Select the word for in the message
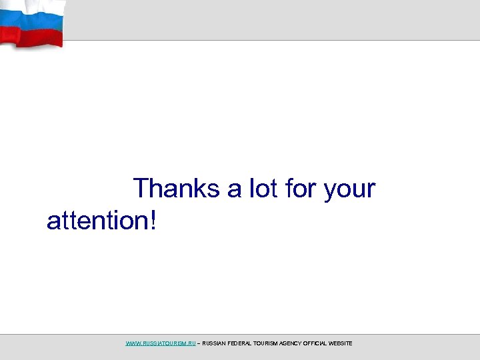301,189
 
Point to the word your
349,190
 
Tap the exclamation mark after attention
155,220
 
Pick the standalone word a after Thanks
235,190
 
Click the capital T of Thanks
141,189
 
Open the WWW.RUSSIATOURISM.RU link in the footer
161,343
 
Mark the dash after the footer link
199,343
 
